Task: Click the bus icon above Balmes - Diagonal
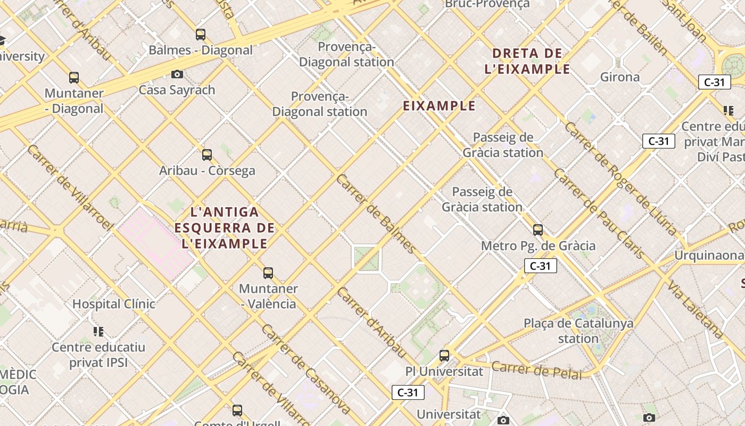(201, 35)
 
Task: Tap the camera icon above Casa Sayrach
(177, 74)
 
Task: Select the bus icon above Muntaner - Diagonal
(74, 78)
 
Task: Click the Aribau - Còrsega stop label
(207, 170)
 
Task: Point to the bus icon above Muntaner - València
(268, 273)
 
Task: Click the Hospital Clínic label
(114, 304)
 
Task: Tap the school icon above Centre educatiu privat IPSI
(98, 332)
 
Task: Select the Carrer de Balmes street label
(376, 214)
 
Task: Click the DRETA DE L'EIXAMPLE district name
(527, 61)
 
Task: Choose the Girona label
(620, 77)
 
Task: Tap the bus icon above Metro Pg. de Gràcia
(538, 230)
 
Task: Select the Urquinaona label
(708, 255)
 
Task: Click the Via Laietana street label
(695, 309)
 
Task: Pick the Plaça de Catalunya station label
(578, 331)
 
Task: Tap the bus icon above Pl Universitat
(444, 356)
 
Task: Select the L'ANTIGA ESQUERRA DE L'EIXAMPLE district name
(225, 228)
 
